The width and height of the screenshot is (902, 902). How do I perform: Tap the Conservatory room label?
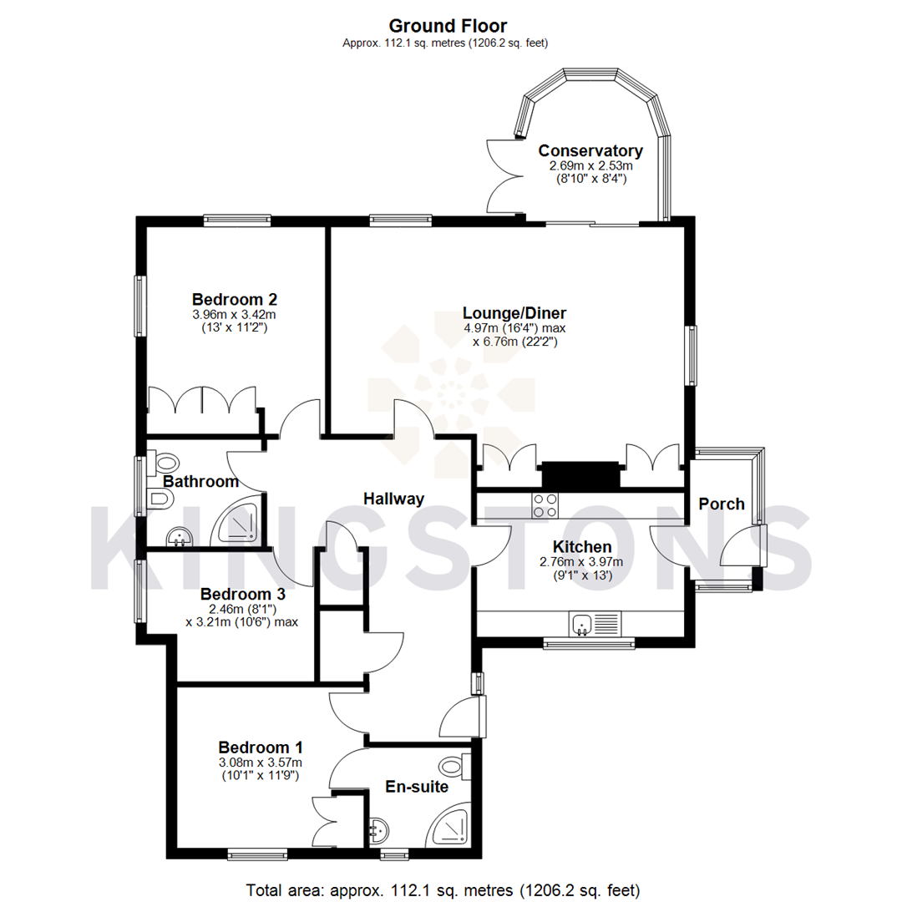[590, 151]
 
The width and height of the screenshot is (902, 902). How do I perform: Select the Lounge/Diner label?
[509, 313]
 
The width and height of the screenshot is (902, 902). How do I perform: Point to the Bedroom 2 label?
[234, 299]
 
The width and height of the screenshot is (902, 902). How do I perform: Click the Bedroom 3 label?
[243, 594]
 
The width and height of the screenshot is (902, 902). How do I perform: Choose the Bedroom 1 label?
[261, 747]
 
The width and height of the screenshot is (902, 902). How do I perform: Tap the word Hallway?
[393, 499]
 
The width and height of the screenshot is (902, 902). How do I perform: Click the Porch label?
[721, 504]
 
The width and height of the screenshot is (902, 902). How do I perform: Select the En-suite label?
[417, 786]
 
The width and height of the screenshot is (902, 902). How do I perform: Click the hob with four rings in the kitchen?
[545, 504]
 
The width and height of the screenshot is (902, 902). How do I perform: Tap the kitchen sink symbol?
[594, 623]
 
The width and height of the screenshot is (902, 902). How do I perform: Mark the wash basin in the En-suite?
[378, 829]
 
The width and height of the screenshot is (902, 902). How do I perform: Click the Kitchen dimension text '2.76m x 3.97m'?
[581, 562]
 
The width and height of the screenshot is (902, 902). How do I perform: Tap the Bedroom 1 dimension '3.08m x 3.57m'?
[261, 762]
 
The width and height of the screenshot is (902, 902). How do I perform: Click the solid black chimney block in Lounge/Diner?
[580, 475]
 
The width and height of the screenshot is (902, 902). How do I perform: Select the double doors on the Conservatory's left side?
[504, 175]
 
